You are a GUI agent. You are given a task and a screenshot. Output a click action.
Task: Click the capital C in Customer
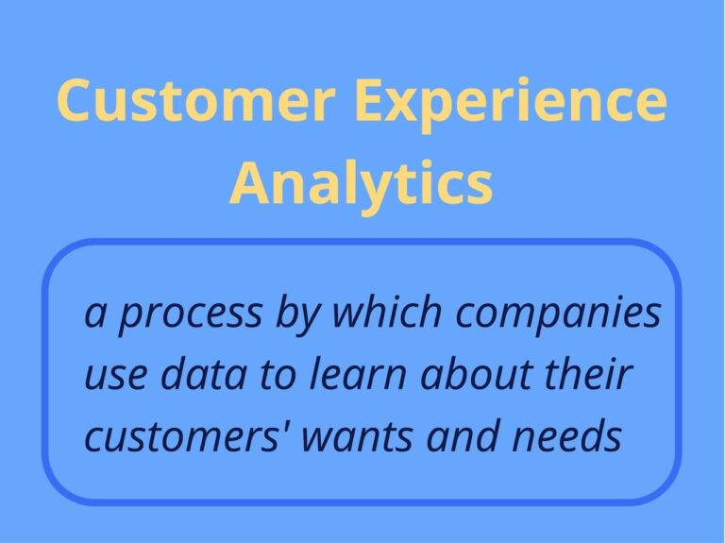[x=76, y=101]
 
